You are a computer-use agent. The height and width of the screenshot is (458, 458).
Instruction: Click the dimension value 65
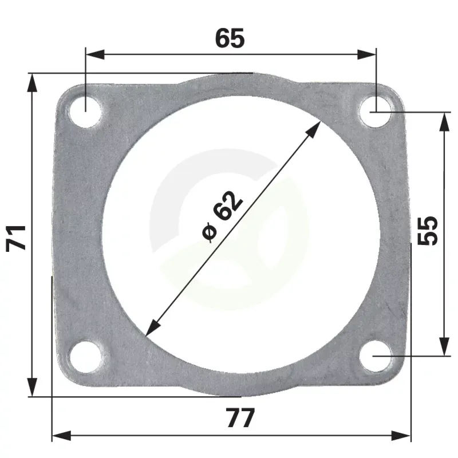click(x=230, y=38)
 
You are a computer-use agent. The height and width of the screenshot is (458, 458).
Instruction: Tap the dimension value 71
click(x=16, y=238)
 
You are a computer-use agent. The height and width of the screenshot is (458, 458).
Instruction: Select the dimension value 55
click(x=428, y=231)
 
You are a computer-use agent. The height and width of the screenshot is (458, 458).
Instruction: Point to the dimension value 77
click(x=240, y=418)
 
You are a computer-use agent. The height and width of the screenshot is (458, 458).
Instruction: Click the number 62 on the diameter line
click(x=227, y=206)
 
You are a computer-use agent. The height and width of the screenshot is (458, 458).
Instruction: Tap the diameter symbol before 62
click(x=210, y=233)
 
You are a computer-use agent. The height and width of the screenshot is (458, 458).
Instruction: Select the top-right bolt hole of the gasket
click(x=376, y=112)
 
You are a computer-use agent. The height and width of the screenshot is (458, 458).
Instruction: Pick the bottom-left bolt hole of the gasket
click(x=85, y=356)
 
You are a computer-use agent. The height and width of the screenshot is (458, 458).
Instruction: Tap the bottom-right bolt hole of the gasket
click(x=376, y=356)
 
